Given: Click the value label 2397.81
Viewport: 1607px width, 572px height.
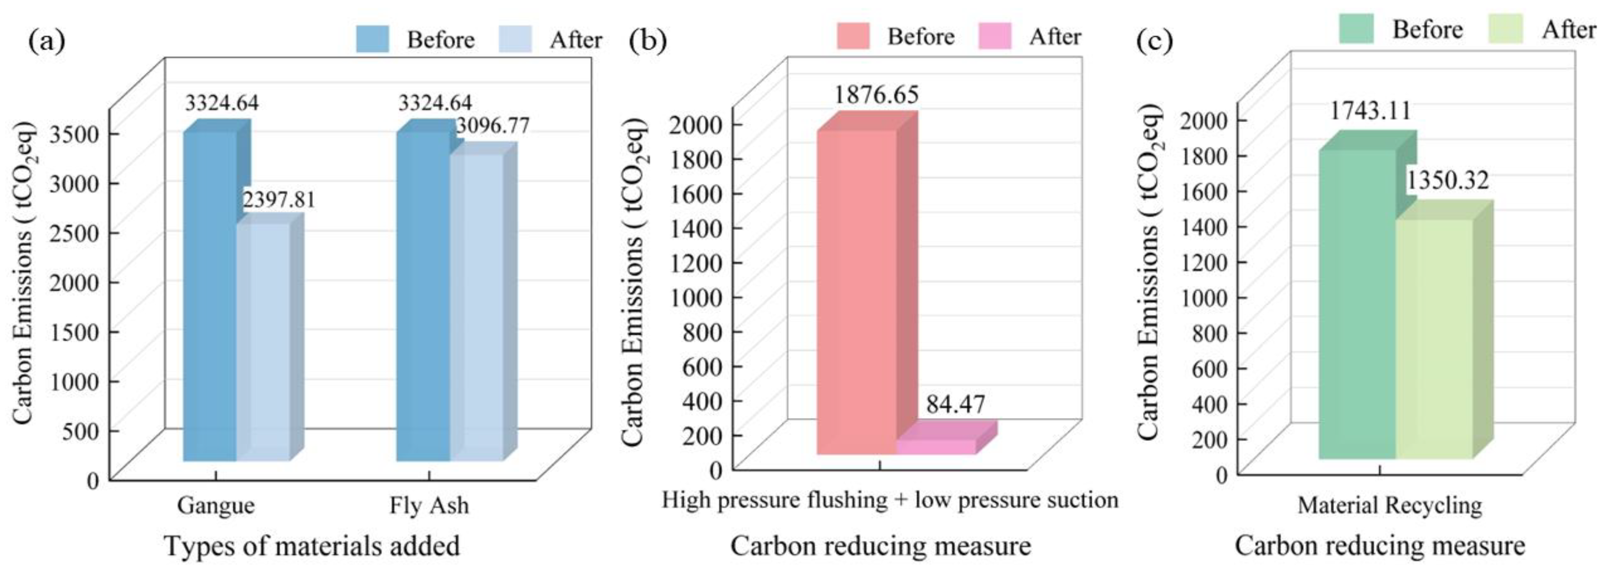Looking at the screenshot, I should pyautogui.click(x=279, y=200).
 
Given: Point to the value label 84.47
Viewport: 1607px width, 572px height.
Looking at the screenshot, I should pyautogui.click(x=955, y=404).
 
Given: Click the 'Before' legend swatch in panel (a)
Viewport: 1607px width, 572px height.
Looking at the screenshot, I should pyautogui.click(x=372, y=39).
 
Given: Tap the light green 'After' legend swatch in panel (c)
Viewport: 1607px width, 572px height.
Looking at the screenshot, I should pyautogui.click(x=1505, y=29).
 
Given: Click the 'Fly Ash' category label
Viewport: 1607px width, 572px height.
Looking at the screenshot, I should pyautogui.click(x=429, y=505).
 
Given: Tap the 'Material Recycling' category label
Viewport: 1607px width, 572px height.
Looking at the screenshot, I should pyautogui.click(x=1390, y=505).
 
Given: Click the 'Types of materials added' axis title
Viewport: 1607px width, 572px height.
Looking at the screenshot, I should pyautogui.click(x=312, y=546).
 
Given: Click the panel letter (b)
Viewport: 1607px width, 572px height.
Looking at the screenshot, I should pyautogui.click(x=648, y=40).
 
